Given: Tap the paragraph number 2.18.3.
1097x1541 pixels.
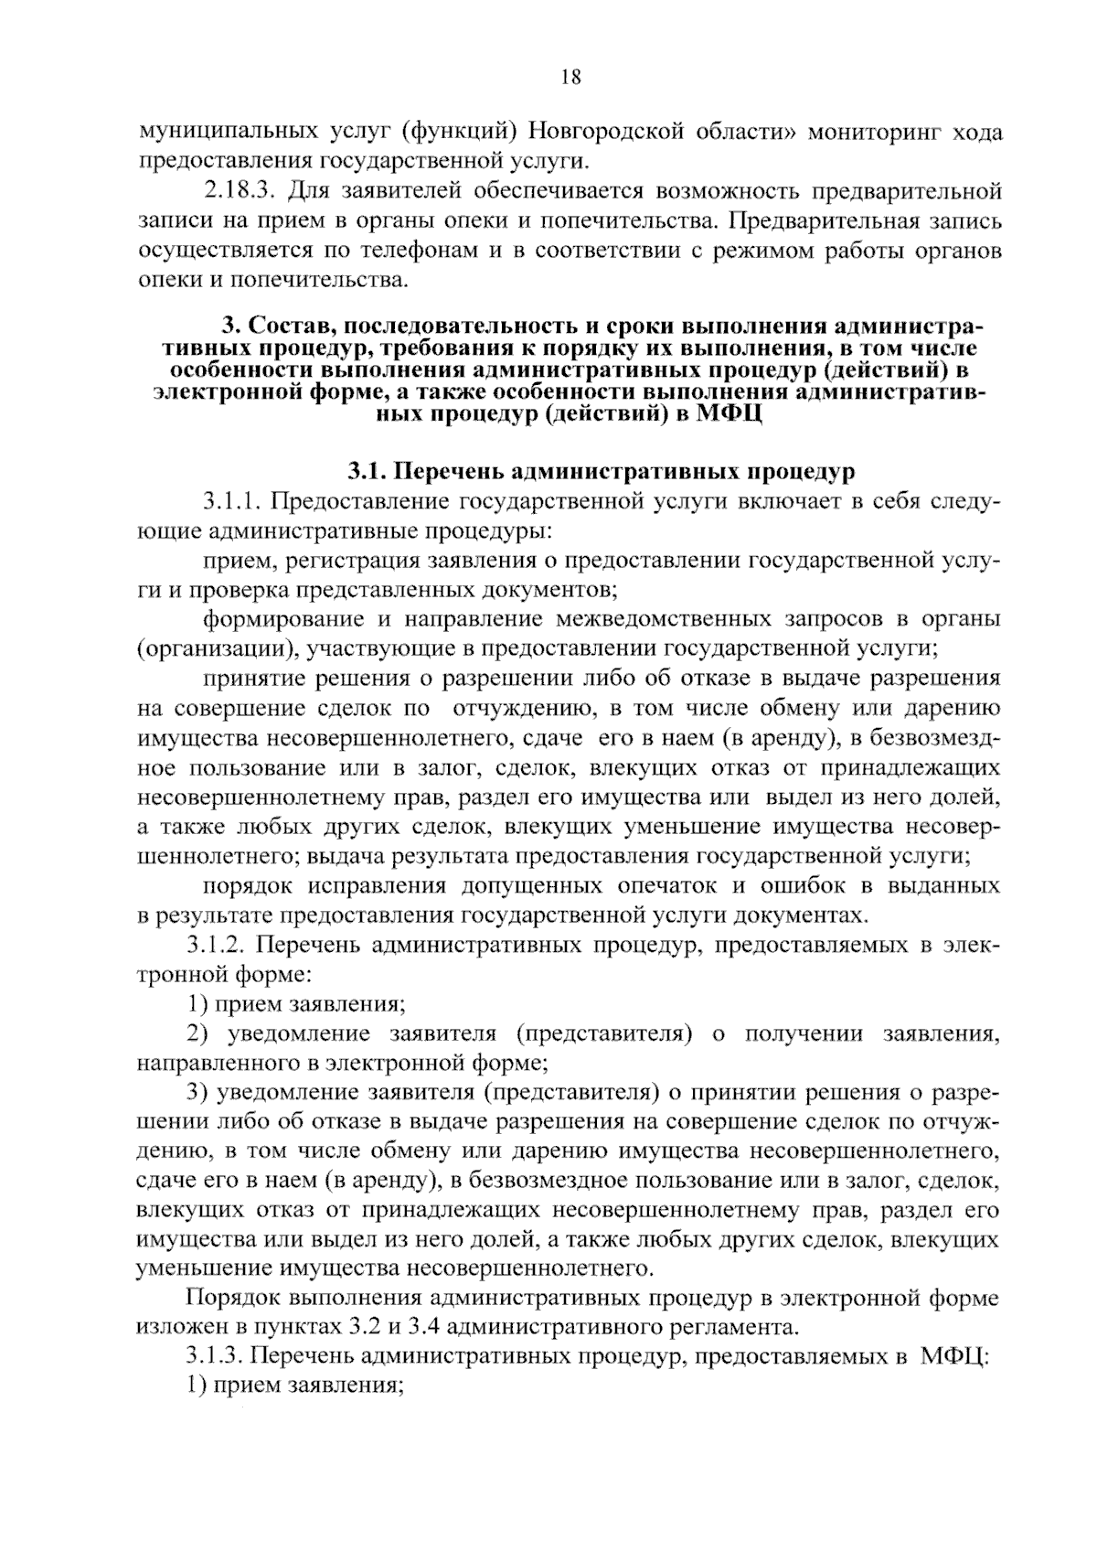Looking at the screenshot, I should [x=237, y=192].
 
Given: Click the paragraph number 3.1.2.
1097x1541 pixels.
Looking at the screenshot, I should [x=218, y=945].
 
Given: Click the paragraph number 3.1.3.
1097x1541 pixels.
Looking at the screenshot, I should [x=217, y=1355].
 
